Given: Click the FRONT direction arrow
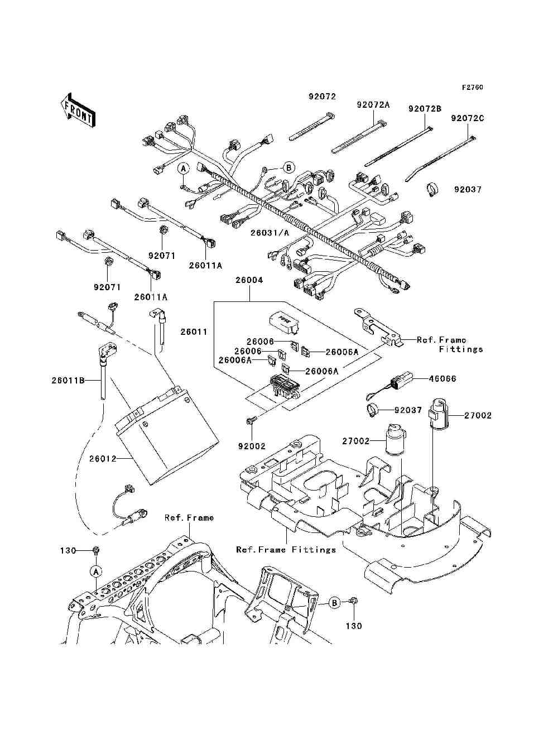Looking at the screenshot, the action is (x=78, y=110).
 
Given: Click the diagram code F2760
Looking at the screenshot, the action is (x=472, y=88).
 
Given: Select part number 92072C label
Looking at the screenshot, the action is (x=467, y=118).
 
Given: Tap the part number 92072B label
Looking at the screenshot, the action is (x=425, y=109).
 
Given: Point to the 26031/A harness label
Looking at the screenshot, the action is (x=270, y=233).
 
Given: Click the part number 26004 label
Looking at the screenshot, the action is (x=249, y=280).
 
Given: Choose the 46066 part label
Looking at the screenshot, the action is (x=442, y=378).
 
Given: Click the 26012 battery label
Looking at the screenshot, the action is (x=103, y=459).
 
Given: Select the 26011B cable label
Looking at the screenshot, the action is (x=68, y=380).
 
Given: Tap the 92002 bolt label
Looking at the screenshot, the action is (x=252, y=446).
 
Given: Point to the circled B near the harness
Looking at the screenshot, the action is (x=288, y=167).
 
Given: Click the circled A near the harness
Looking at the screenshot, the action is (x=183, y=169).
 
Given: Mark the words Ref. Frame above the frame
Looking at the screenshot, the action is (x=189, y=517).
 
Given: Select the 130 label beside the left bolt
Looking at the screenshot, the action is (x=68, y=550).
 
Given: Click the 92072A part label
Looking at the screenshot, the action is (x=373, y=105).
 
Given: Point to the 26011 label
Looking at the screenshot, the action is (x=194, y=332).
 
